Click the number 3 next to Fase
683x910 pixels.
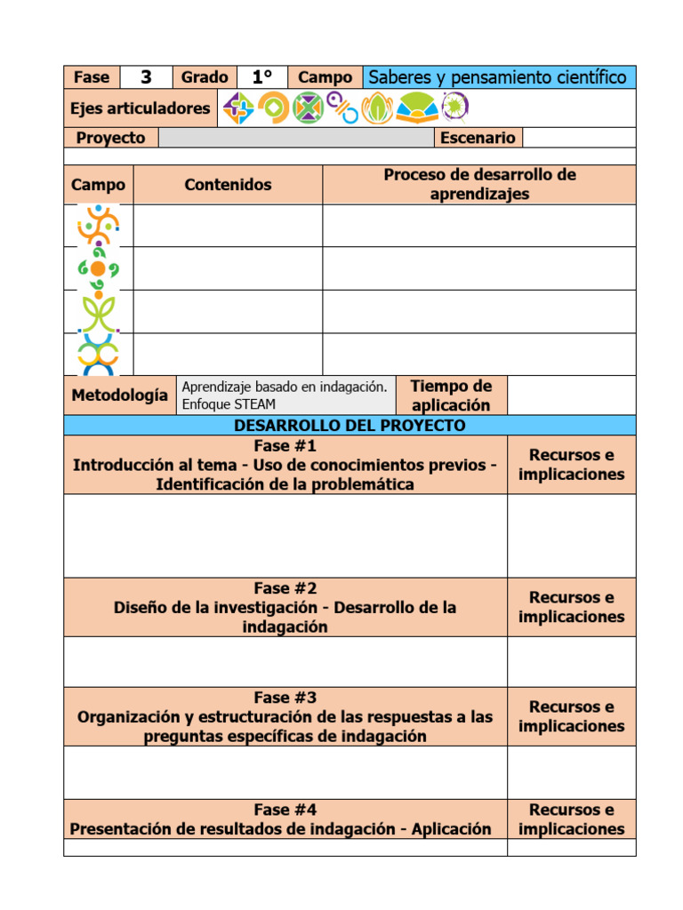pos(146,77)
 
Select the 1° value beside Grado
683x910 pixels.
pos(261,77)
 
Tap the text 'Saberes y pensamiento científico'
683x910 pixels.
pos(498,77)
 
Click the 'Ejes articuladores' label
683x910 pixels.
pos(140,108)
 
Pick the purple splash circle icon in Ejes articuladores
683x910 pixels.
pos(454,108)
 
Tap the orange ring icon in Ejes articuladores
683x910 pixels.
pos(273,108)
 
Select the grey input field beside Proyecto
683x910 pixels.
pos(295,138)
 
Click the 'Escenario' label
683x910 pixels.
pos(478,138)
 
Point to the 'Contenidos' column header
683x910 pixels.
pos(228,185)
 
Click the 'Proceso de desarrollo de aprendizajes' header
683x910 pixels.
pos(479,184)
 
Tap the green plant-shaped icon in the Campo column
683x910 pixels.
pos(98,312)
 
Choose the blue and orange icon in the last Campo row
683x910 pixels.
pos(98,355)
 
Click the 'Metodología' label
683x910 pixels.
pos(119,395)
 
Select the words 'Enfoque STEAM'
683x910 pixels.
pos(229,404)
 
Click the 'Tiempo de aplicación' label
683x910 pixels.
pos(451,395)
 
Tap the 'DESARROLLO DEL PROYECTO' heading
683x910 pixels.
pos(350,426)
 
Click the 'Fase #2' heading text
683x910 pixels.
pos(285,588)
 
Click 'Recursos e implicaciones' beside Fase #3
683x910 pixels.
pos(571,716)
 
